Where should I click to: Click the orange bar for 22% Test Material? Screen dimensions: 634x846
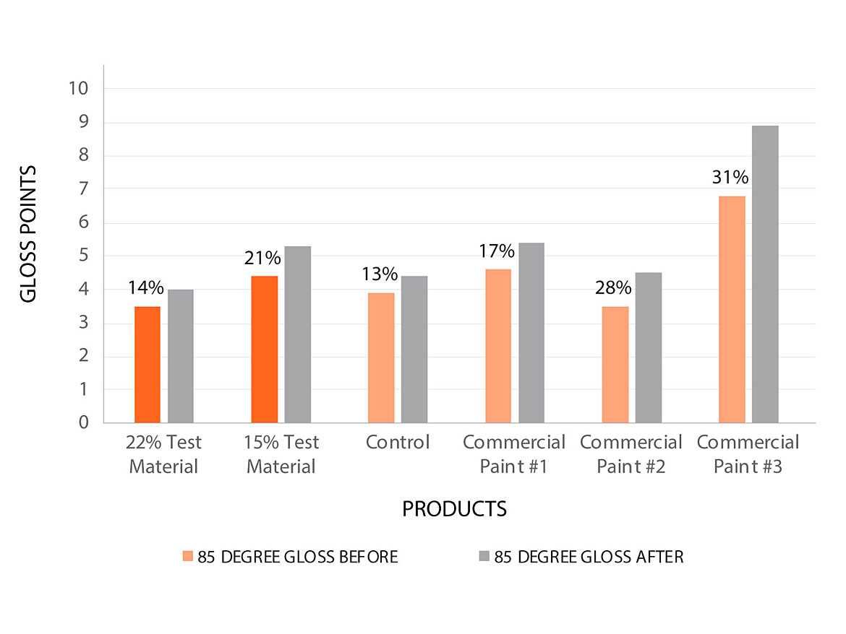148,365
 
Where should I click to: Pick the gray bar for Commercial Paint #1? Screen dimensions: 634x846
531,333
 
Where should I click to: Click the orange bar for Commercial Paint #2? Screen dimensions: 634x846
615,365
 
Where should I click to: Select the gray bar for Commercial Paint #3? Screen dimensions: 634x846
765,274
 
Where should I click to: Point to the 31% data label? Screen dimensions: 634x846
730,178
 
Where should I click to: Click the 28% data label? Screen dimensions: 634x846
613,288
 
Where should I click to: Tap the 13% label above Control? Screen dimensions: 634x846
380,274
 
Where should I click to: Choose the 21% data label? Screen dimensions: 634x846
262,258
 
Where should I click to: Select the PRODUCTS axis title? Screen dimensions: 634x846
454,509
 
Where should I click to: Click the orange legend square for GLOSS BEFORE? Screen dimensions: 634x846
188,556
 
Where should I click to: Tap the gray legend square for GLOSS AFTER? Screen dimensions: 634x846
484,556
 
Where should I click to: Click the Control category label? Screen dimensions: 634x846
398,442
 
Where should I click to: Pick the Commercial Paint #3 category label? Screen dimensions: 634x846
748,454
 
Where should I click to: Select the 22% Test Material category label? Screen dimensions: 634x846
163,454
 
